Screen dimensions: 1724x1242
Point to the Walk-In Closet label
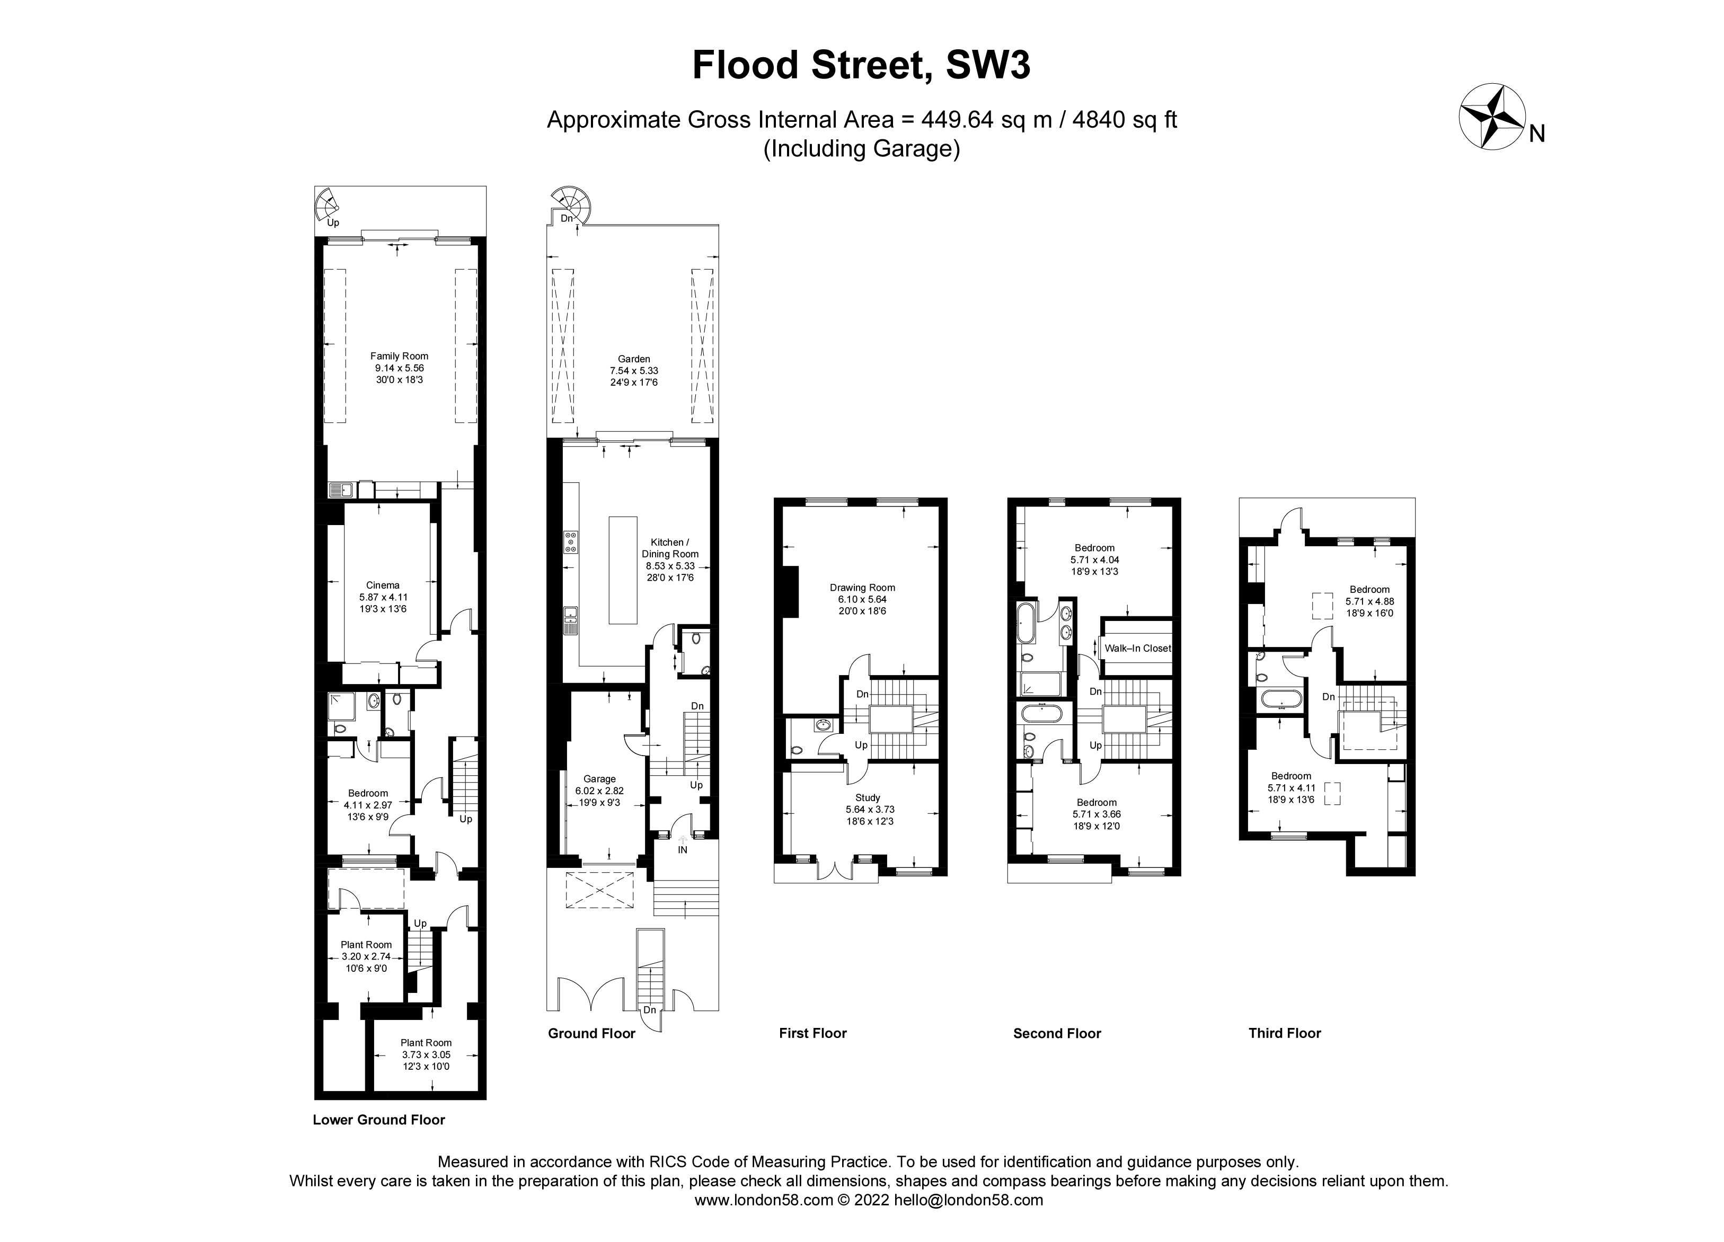pos(1137,649)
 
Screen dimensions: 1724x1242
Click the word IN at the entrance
pos(683,850)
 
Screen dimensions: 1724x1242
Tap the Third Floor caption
pos(1285,1033)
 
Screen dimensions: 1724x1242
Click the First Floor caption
pos(812,1033)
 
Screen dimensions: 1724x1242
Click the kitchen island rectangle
pos(623,570)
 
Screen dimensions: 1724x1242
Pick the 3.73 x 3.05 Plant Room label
pos(427,1054)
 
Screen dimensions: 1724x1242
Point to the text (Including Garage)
pos(861,149)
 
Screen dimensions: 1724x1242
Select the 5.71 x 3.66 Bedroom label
pos(1096,814)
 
